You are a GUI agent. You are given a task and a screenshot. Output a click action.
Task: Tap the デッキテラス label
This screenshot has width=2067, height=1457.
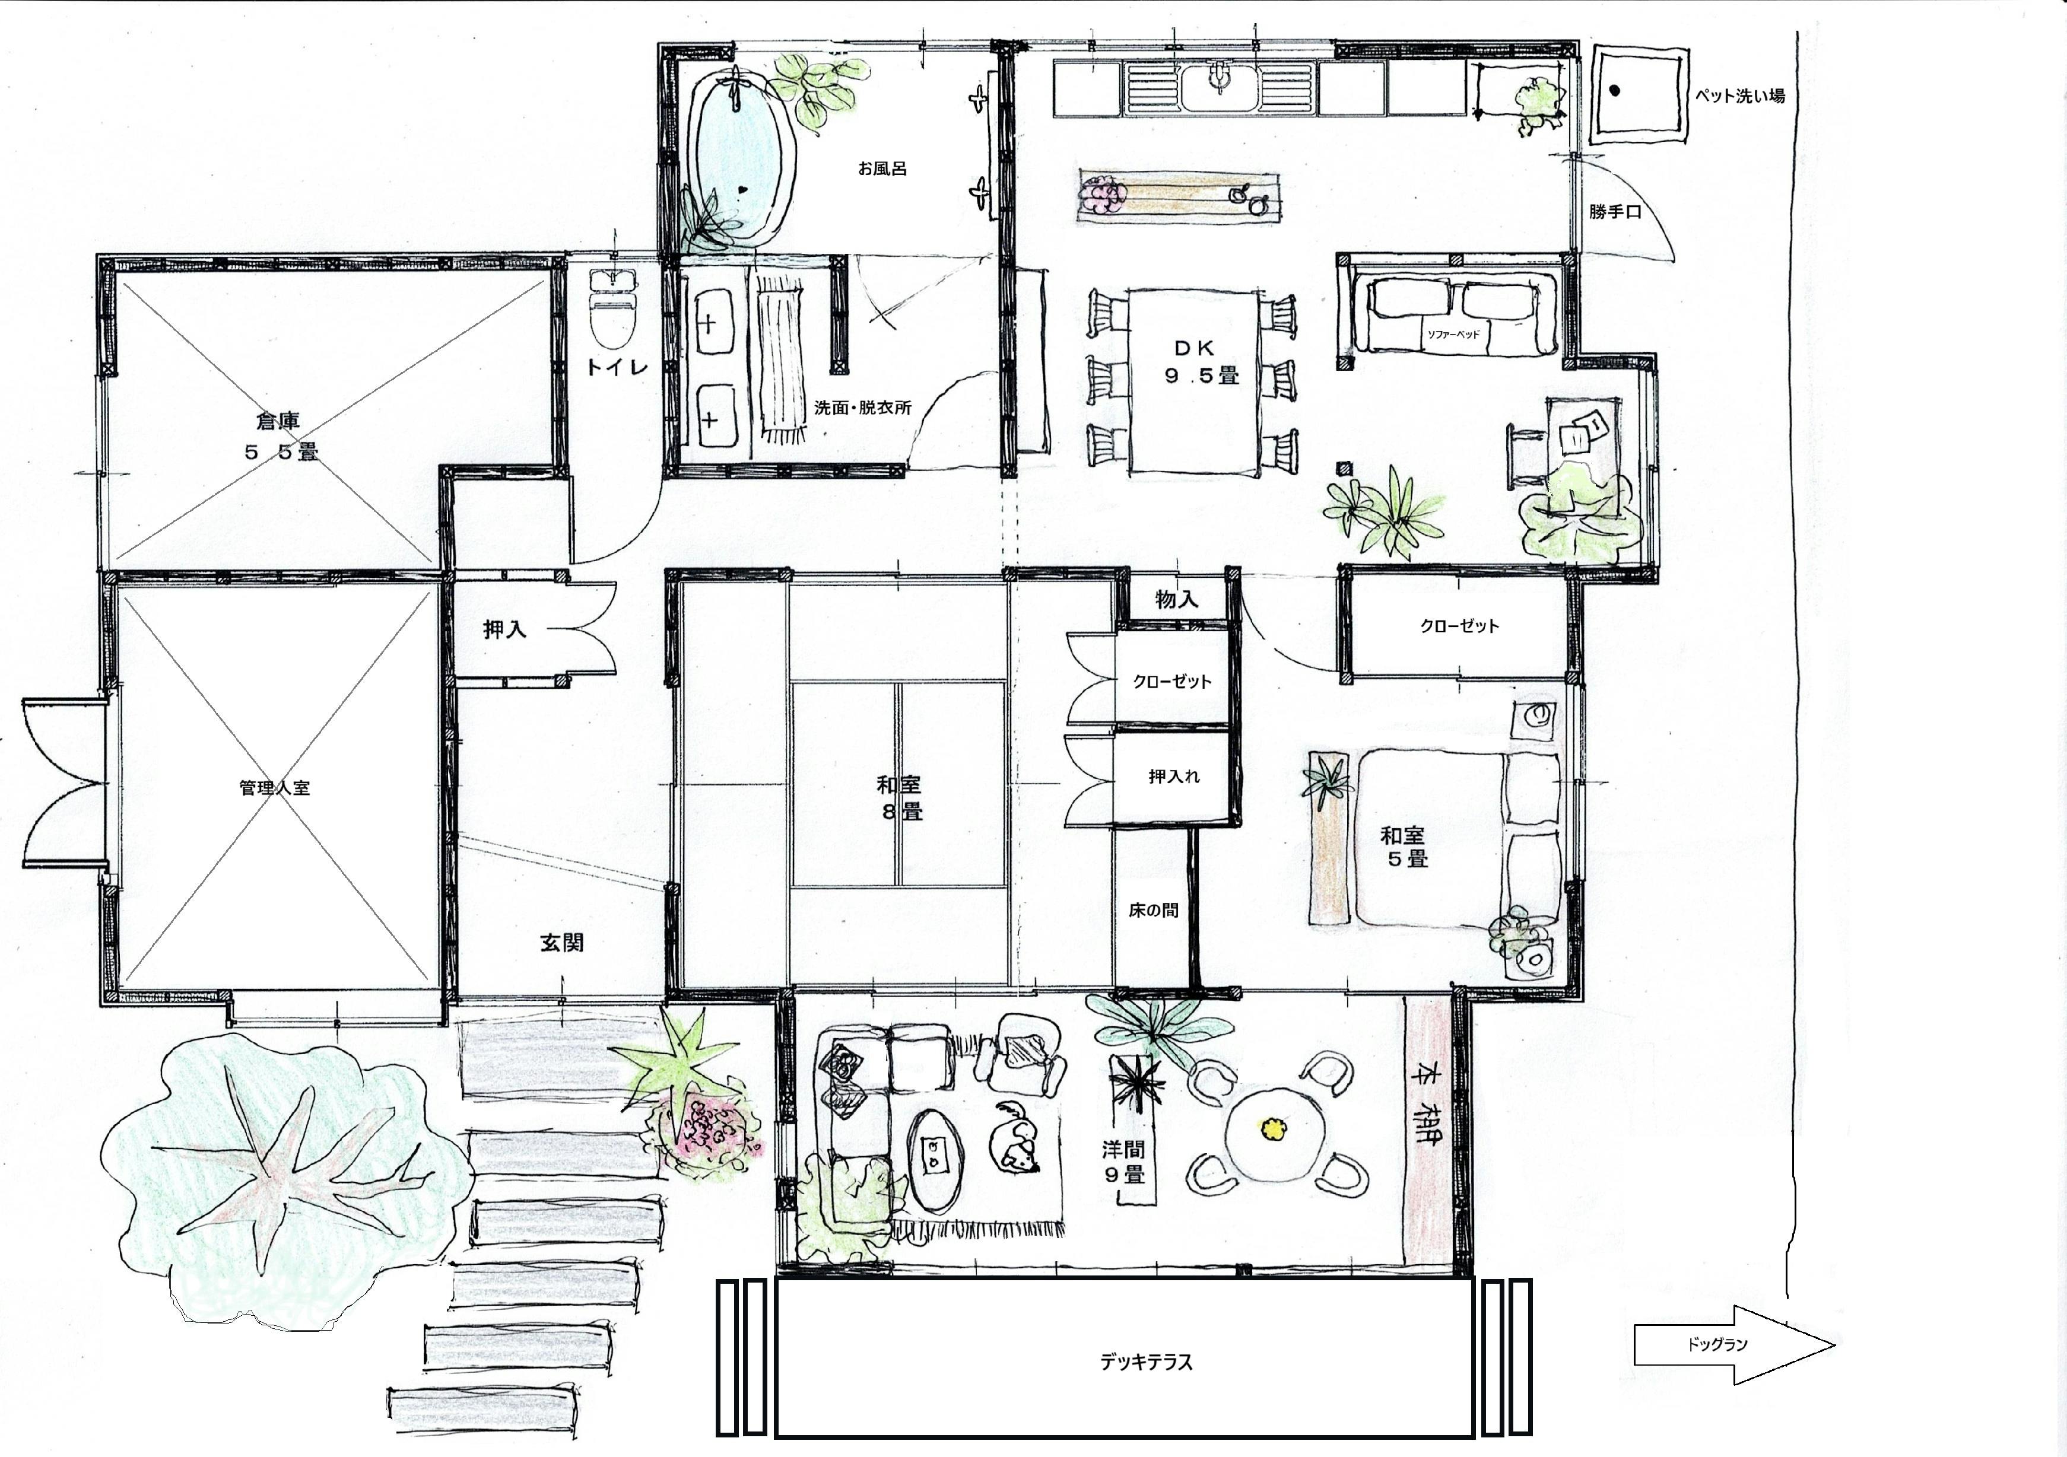[x=1146, y=1361]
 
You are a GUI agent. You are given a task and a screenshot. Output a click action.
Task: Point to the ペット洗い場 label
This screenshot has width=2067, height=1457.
[x=1740, y=94]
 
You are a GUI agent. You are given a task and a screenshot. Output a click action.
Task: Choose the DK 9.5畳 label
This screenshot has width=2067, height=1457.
[x=1202, y=362]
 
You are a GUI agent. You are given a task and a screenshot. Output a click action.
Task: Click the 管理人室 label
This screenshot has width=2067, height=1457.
[x=275, y=787]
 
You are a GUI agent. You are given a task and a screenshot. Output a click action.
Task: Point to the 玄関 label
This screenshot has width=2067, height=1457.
[x=562, y=942]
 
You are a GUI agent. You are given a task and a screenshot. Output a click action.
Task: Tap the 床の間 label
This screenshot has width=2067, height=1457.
[x=1153, y=910]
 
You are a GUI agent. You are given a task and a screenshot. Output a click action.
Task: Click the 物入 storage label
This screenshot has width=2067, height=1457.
[x=1177, y=599]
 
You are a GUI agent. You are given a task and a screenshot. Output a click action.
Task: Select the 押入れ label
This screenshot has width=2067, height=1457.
[x=1174, y=776]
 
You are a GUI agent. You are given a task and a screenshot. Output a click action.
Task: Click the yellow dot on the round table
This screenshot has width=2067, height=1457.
[x=1272, y=1126]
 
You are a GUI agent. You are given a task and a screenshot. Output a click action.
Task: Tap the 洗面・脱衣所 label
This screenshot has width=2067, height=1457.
[x=862, y=408]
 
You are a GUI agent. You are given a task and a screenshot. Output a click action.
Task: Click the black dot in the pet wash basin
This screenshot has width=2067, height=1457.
[x=1615, y=90]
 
